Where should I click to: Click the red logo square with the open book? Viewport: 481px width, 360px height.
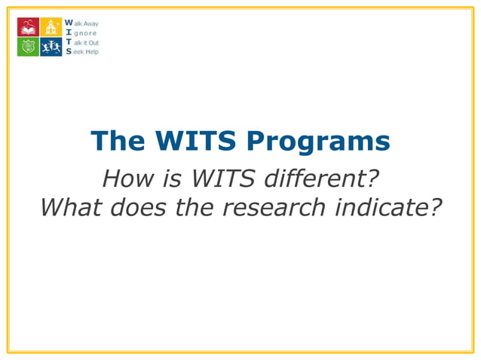point(28,27)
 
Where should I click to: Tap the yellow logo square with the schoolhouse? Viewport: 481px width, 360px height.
point(51,27)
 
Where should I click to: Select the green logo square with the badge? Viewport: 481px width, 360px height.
point(28,47)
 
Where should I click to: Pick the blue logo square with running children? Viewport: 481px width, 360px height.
point(51,47)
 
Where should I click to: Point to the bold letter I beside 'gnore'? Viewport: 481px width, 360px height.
point(69,33)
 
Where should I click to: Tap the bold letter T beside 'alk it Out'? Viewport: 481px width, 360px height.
point(69,43)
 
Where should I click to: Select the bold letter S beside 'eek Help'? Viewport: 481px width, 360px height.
point(69,52)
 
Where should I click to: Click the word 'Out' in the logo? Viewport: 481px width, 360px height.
point(94,43)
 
